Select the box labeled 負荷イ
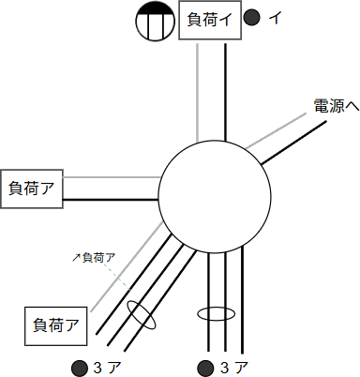pyautogui.click(x=210, y=21)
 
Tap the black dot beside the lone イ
pyautogui.click(x=251, y=17)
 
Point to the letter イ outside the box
pyautogui.click(x=274, y=17)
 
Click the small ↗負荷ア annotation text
pyautogui.click(x=94, y=256)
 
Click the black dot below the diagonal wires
pyautogui.click(x=77, y=366)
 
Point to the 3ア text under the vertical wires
pyautogui.click(x=234, y=366)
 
